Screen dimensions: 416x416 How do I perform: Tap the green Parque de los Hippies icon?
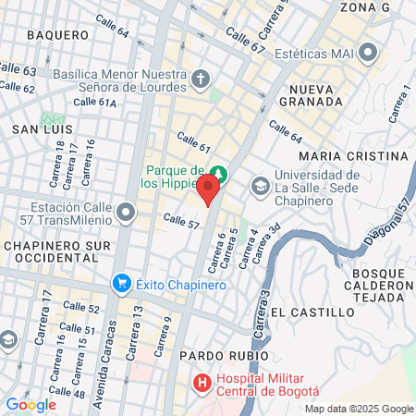point(218,173)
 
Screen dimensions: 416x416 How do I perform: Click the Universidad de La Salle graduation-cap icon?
point(261,188)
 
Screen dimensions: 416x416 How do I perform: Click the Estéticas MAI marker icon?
point(370,53)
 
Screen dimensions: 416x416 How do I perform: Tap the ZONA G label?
point(366,7)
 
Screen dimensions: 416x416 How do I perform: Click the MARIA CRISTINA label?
point(354,155)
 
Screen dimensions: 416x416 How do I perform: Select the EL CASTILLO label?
point(313,312)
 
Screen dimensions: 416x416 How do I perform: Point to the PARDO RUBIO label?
point(225,355)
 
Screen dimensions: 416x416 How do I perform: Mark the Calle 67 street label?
point(246,42)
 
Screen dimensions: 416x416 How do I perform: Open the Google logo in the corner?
point(31,404)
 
